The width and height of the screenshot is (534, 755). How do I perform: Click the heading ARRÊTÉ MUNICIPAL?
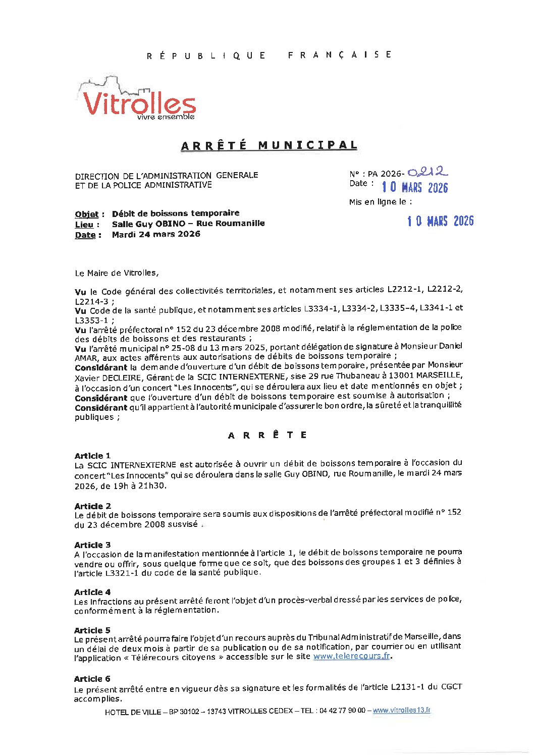(269, 145)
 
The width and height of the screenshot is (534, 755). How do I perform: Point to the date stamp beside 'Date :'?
(414, 187)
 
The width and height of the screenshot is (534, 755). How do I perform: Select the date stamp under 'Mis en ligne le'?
(441, 221)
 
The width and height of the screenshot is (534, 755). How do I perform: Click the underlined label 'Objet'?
(87, 214)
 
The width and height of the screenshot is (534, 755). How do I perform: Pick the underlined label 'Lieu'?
(84, 224)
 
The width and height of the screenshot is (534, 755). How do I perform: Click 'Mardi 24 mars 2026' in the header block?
(156, 234)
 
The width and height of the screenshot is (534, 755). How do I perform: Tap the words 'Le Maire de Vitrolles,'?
(117, 273)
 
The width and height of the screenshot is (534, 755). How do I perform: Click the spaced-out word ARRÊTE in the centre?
(267, 435)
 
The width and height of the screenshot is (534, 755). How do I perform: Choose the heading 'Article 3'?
(92, 545)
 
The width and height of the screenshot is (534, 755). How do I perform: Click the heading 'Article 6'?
(92, 679)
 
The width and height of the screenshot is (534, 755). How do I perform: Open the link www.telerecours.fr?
(351, 657)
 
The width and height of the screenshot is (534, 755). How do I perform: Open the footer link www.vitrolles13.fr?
(402, 710)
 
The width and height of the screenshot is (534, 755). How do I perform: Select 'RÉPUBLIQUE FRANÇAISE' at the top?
(269, 55)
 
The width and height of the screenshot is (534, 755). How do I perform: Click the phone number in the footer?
(343, 711)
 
